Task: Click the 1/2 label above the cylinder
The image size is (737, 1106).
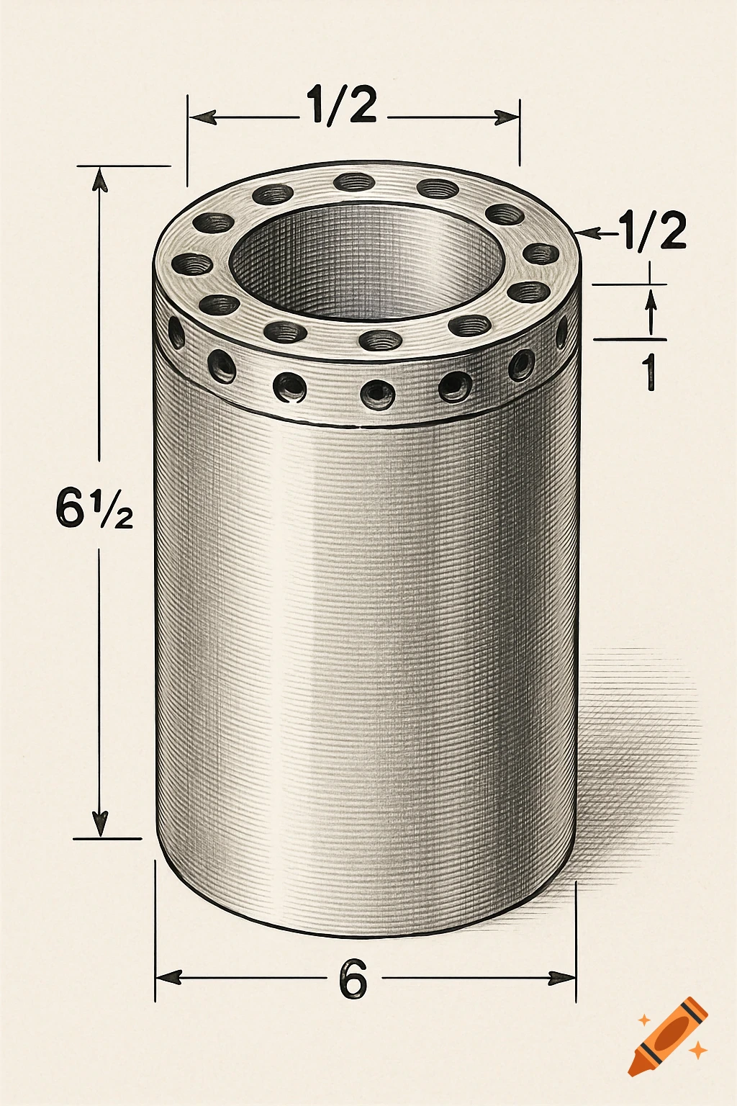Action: pyautogui.click(x=341, y=105)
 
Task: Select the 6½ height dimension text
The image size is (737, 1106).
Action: pyautogui.click(x=94, y=508)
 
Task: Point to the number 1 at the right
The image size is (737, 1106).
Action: pyautogui.click(x=650, y=371)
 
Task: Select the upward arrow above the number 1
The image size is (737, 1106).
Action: pyautogui.click(x=651, y=300)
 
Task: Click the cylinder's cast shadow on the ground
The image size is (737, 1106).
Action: pyautogui.click(x=633, y=756)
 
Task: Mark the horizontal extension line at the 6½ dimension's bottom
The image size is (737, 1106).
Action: pyautogui.click(x=108, y=839)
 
